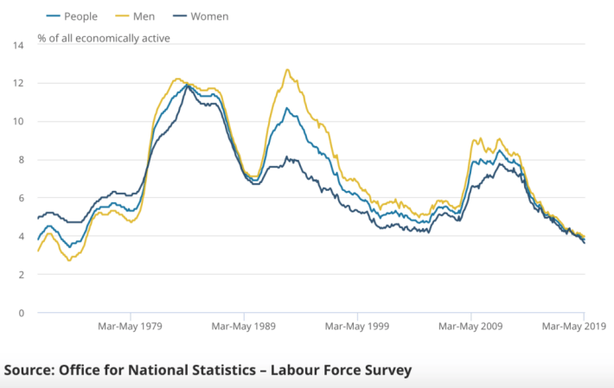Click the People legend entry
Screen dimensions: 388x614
(72, 16)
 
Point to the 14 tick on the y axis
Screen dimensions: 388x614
(17, 45)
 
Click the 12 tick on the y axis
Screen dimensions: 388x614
(17, 83)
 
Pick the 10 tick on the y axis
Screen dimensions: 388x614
(17, 122)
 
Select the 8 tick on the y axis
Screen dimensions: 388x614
(19, 160)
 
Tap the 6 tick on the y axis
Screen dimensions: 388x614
(19, 198)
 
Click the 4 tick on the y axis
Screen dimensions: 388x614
(19, 236)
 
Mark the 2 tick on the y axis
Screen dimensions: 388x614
(19, 275)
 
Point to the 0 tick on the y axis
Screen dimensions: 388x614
(19, 313)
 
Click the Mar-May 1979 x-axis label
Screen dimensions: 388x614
(130, 328)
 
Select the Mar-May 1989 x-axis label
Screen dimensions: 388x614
(244, 328)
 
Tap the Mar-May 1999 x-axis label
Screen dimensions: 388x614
(357, 328)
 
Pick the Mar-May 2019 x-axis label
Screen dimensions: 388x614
(572, 328)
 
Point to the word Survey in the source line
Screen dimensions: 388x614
(385, 370)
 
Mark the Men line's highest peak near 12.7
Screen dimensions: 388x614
(286, 70)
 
